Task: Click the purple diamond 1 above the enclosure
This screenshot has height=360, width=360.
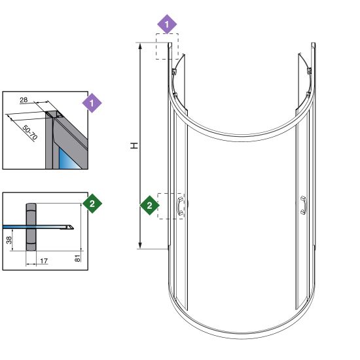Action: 167,24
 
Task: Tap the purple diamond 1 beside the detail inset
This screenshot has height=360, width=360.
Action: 92,103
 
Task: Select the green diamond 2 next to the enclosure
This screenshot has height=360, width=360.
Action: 149,206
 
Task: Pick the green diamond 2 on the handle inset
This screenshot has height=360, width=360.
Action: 92,204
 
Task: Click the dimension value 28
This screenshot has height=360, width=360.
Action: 24,100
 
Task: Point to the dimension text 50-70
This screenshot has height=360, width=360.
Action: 30,133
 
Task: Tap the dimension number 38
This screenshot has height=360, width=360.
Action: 9,240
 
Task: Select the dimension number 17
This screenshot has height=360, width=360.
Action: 44,261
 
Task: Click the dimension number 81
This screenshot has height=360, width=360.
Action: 78,259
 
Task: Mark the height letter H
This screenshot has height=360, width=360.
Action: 134,145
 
